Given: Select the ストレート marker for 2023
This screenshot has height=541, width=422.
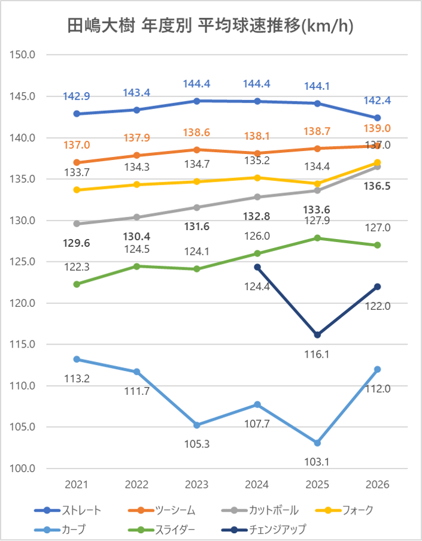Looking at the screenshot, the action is coord(197,101).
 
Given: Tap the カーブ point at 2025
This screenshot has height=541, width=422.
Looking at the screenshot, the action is coord(317,443).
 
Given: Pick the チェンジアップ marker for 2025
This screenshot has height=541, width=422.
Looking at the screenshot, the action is coord(317,335).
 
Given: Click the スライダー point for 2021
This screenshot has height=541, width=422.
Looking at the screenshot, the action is coord(77,284).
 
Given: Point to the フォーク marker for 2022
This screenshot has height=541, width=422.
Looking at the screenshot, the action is coord(137,185).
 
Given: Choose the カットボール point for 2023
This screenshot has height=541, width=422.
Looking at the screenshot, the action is coord(197,207).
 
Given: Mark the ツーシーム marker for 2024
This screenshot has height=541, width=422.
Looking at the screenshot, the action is coord(257,153).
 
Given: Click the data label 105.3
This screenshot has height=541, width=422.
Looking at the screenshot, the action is coord(197,444).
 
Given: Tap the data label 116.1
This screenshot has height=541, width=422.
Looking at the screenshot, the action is coord(317,354).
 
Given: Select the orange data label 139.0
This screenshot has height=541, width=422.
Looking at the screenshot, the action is coord(377,128).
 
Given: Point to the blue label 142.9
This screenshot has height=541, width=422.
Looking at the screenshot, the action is coord(77,96).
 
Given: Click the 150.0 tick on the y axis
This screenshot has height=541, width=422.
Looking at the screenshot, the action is coord(22,55).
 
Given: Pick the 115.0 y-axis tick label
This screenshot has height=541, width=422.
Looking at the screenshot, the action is coord(22,344).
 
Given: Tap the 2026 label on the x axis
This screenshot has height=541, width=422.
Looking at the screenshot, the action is coord(377,485).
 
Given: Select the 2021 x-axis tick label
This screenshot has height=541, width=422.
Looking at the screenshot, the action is coord(77,485).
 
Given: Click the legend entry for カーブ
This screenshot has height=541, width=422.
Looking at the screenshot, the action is coord(60,529).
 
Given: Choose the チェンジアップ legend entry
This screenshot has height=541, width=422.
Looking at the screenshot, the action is coord(264,529).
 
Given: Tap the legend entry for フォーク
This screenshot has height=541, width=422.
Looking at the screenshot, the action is coord(344,510).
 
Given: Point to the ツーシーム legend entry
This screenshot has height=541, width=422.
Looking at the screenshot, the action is coord(162,510).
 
